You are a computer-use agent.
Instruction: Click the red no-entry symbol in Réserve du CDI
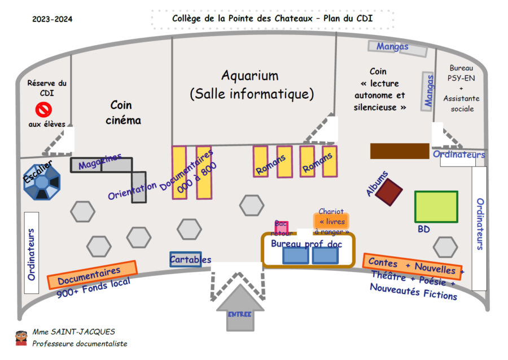coord(44,109)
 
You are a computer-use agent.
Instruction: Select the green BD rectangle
coord(436,207)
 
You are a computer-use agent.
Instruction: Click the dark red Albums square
coord(389,192)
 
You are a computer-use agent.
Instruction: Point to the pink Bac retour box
coord(282,227)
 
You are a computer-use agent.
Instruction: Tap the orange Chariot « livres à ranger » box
coord(331,222)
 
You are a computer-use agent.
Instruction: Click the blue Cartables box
coord(186,259)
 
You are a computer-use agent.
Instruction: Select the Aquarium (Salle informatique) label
coord(251,84)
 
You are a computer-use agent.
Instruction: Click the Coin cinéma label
coord(121,112)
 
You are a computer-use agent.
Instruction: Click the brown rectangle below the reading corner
coord(400,151)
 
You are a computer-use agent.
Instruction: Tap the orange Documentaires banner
coord(92,275)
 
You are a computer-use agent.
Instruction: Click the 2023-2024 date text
coord(52,19)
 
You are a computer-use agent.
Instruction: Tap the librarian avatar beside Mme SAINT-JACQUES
coord(21,337)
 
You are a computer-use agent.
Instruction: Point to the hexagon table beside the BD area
coord(445,247)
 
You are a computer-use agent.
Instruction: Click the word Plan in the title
coord(334,18)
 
